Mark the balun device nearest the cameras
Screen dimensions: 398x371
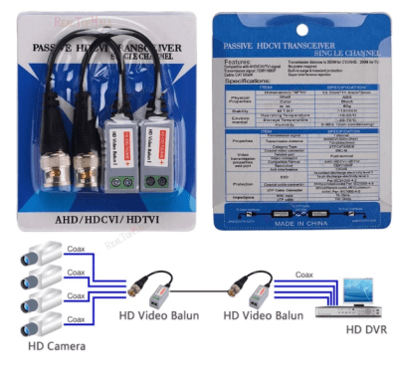click(x=156, y=295)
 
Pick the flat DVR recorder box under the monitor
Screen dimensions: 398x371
click(x=341, y=309)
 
